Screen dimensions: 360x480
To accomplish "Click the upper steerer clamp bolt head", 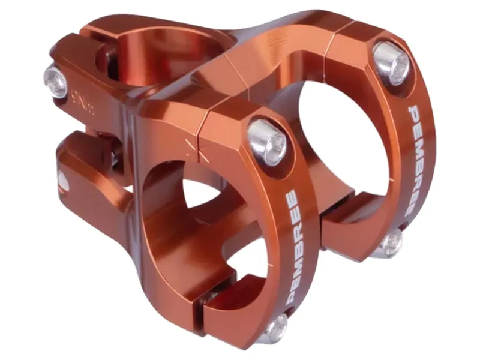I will coord(56,82).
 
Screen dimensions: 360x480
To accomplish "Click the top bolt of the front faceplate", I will coord(267,142).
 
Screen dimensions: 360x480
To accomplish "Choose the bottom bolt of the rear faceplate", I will coord(391,242).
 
